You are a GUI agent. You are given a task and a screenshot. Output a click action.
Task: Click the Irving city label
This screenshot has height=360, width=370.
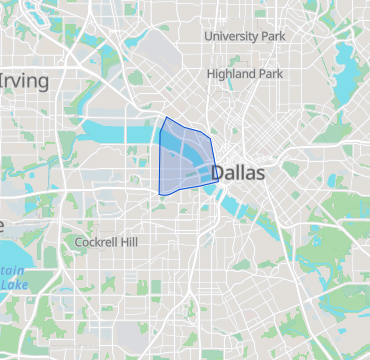[24, 79]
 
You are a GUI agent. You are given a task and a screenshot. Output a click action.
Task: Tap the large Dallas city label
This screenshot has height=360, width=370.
[238, 173]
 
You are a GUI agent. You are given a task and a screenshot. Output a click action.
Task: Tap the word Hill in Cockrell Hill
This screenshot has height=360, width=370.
[131, 242]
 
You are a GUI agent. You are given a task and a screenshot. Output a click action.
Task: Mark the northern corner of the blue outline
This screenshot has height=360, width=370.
[164, 118]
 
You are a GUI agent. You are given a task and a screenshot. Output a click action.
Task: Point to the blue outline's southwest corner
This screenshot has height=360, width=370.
[160, 194]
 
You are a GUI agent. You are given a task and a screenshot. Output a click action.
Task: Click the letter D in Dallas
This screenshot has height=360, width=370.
[218, 173]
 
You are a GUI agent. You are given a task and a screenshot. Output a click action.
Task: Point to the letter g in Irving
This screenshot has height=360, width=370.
[41, 82]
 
